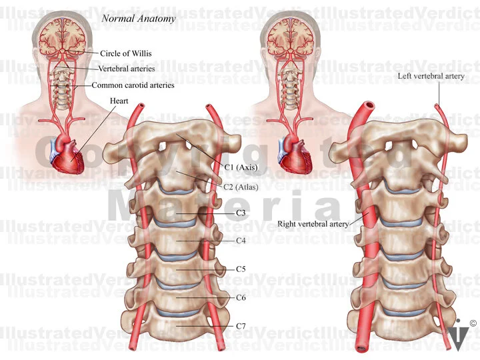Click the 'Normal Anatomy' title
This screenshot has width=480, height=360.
tap(138, 19)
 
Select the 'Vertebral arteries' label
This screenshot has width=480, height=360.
tap(127, 69)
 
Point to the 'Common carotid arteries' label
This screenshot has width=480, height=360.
tap(133, 85)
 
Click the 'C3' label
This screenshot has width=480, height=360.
tap(241, 213)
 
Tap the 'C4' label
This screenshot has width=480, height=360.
tap(241, 239)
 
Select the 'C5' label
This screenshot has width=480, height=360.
tap(241, 269)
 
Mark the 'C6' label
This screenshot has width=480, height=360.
tap(241, 297)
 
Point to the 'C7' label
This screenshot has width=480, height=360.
tap(241, 325)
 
